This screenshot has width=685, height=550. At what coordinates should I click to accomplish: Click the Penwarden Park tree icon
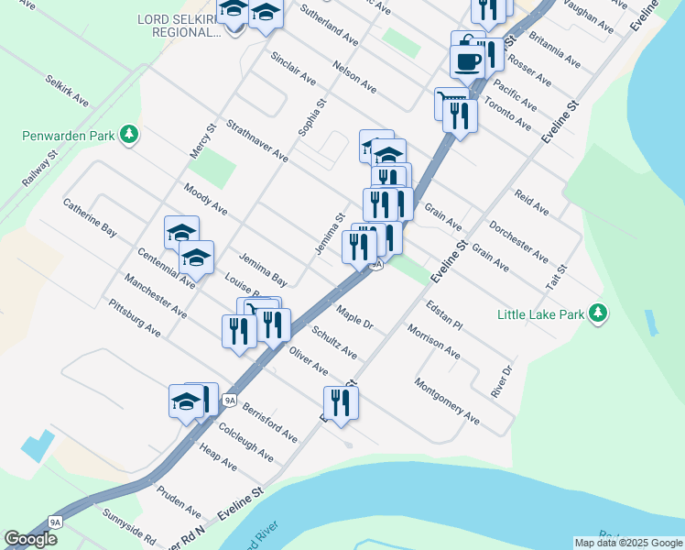point(129,136)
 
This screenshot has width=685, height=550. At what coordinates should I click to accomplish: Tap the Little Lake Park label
point(540,314)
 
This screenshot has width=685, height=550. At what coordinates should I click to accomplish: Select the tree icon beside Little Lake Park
point(599,314)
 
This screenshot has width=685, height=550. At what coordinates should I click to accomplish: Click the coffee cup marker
point(468,62)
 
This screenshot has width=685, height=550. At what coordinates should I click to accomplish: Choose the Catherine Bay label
point(90,218)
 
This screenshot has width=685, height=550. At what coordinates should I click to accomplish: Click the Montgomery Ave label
point(447,401)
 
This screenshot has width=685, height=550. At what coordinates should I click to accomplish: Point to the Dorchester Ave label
point(518,240)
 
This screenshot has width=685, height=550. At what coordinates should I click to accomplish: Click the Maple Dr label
point(355,317)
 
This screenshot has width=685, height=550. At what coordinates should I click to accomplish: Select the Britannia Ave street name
point(554,52)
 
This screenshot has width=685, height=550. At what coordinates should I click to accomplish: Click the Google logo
point(30,539)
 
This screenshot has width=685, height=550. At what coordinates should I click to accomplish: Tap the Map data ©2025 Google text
point(628,543)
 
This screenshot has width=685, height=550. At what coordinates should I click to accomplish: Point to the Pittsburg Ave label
point(135,316)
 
